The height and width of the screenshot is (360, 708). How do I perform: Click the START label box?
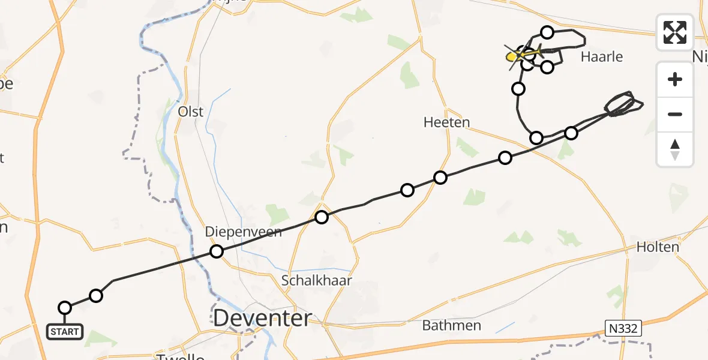[x=65, y=332]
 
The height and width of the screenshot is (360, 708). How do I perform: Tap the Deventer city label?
[x=262, y=319]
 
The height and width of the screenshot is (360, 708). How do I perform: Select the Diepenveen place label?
[x=243, y=232]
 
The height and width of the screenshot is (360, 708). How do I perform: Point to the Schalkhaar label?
[x=317, y=280]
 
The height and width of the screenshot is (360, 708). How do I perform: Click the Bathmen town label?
[x=452, y=326]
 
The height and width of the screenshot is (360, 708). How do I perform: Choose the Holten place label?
[x=658, y=247]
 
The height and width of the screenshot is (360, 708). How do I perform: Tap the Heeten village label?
[x=446, y=122]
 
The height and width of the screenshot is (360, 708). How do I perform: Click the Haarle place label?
[x=602, y=57]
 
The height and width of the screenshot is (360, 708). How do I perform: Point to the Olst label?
[x=191, y=112]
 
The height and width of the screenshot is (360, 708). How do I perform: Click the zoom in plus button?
[x=675, y=79]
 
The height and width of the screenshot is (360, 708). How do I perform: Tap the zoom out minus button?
[x=675, y=114]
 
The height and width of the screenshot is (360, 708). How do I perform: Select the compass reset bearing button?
[x=675, y=149]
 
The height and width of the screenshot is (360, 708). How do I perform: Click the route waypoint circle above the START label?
[x=65, y=308]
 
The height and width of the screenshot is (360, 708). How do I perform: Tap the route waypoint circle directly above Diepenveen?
[x=217, y=251]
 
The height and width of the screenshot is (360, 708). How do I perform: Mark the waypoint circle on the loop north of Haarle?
[x=547, y=32]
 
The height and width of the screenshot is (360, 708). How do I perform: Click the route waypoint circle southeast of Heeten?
[x=505, y=158]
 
